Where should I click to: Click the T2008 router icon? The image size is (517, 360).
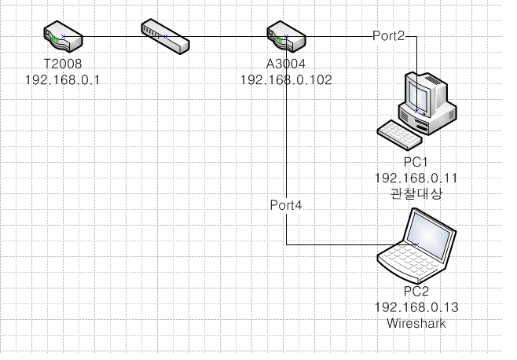tap(63, 37)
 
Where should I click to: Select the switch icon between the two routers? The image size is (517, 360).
tap(165, 37)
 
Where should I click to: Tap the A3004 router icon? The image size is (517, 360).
tap(286, 37)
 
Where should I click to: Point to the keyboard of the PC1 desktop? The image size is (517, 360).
tap(400, 135)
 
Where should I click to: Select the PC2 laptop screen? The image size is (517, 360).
tap(429, 233)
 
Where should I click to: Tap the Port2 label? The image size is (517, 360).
tap(388, 35)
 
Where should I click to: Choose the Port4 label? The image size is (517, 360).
tap(286, 205)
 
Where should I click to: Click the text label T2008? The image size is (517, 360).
tap(63, 64)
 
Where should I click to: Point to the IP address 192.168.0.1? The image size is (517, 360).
tap(63, 79)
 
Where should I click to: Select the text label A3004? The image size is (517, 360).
tap(286, 64)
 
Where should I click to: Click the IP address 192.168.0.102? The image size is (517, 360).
tap(286, 79)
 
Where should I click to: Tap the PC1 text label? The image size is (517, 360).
tap(416, 162)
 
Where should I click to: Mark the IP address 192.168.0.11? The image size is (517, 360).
tap(416, 178)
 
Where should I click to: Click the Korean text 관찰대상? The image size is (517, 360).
tap(416, 193)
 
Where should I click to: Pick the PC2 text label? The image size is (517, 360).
tap(416, 292)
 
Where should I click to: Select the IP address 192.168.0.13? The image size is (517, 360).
tap(416, 307)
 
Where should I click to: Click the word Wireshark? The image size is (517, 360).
tap(416, 323)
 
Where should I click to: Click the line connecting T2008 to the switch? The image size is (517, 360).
tap(114, 37)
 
